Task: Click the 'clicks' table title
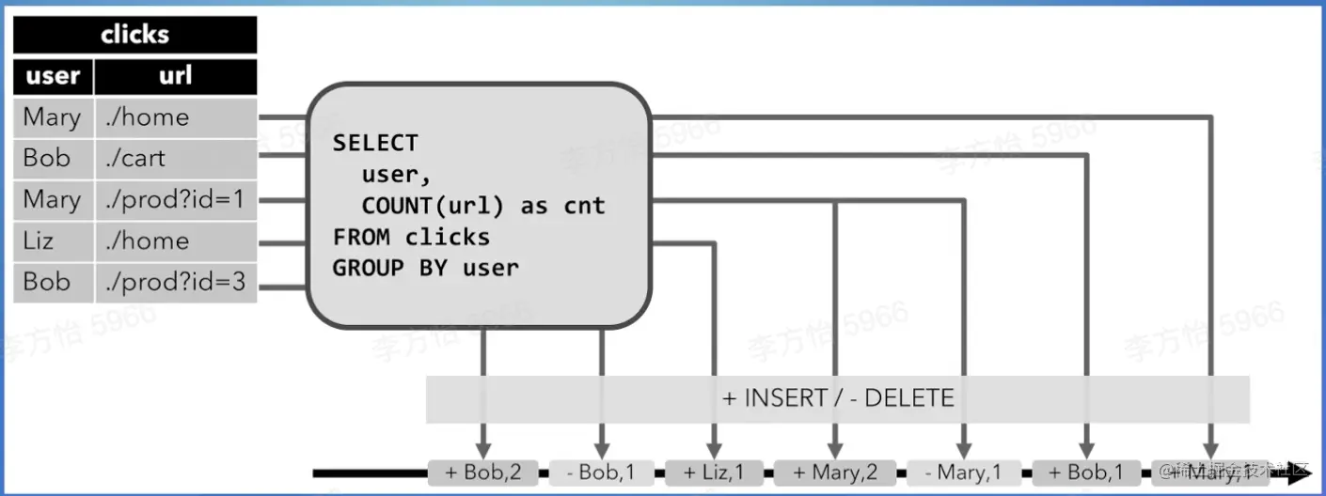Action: point(134,35)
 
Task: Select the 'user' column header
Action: point(53,76)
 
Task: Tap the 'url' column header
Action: point(176,76)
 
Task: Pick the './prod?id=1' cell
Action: point(176,199)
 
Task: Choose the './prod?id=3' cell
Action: point(176,282)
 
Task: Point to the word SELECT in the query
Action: point(375,143)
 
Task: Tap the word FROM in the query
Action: point(360,237)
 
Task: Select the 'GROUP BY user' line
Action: point(425,268)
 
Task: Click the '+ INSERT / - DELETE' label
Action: point(837,398)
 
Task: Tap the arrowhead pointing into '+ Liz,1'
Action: point(716,452)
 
